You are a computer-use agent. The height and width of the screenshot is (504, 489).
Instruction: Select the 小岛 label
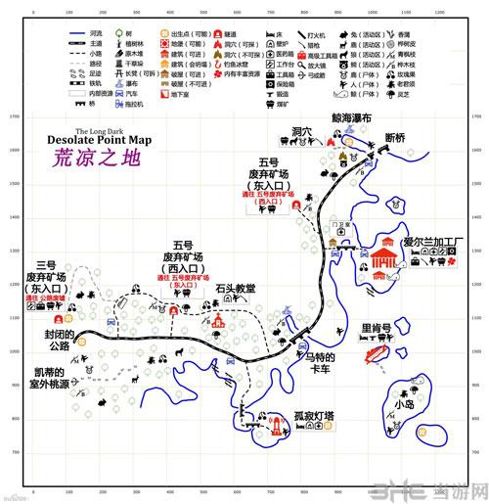pyautogui.click(x=403, y=403)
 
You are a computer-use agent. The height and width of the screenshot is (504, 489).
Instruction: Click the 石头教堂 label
pyautogui.click(x=236, y=288)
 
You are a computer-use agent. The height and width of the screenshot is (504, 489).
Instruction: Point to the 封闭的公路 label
pyautogui.click(x=54, y=339)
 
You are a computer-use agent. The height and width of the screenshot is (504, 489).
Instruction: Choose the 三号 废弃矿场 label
pyautogui.click(x=46, y=277)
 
